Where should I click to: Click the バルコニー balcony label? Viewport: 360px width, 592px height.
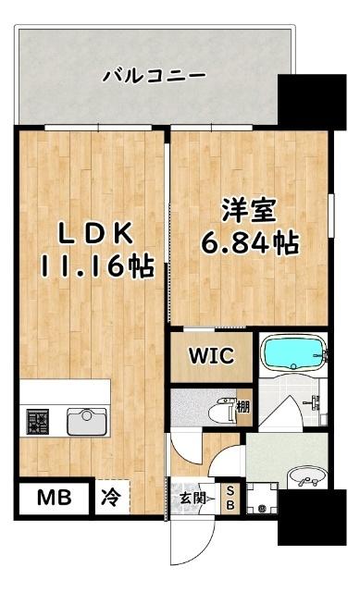click(x=154, y=74)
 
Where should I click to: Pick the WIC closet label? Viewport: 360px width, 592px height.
click(x=211, y=354)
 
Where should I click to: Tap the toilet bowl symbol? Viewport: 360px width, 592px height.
click(x=225, y=407)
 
